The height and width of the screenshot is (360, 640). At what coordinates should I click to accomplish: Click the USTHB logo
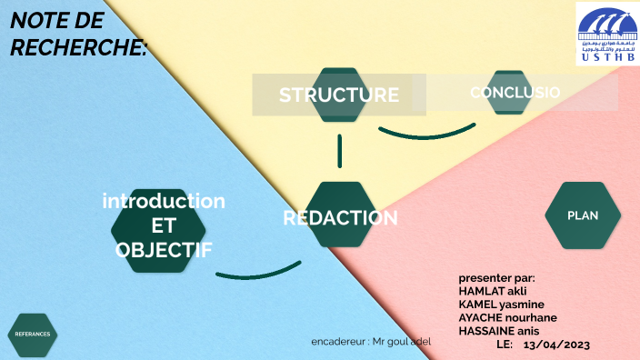(x=606, y=33)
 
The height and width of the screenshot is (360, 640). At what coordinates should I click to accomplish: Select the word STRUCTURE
(x=338, y=95)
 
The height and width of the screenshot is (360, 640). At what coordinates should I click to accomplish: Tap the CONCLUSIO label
(x=515, y=92)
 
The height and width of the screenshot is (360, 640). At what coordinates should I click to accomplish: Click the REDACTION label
(x=340, y=217)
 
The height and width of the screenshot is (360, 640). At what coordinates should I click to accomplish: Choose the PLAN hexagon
(x=583, y=215)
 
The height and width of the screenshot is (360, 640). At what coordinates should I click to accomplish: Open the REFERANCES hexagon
(x=33, y=335)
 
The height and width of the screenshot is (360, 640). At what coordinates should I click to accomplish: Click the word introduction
(x=164, y=200)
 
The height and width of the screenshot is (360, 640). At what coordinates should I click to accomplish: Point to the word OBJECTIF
(x=164, y=248)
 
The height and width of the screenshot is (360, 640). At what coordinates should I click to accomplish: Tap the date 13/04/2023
(x=557, y=344)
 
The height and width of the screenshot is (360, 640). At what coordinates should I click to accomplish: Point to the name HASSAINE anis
(x=500, y=331)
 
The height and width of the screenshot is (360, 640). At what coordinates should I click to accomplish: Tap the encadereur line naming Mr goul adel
(x=371, y=341)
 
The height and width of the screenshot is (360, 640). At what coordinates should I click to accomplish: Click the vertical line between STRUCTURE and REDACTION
(x=340, y=151)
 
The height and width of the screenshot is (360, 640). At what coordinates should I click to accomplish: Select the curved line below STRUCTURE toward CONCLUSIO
(x=425, y=135)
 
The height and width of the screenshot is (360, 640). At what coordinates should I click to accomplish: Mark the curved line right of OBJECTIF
(x=259, y=271)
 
